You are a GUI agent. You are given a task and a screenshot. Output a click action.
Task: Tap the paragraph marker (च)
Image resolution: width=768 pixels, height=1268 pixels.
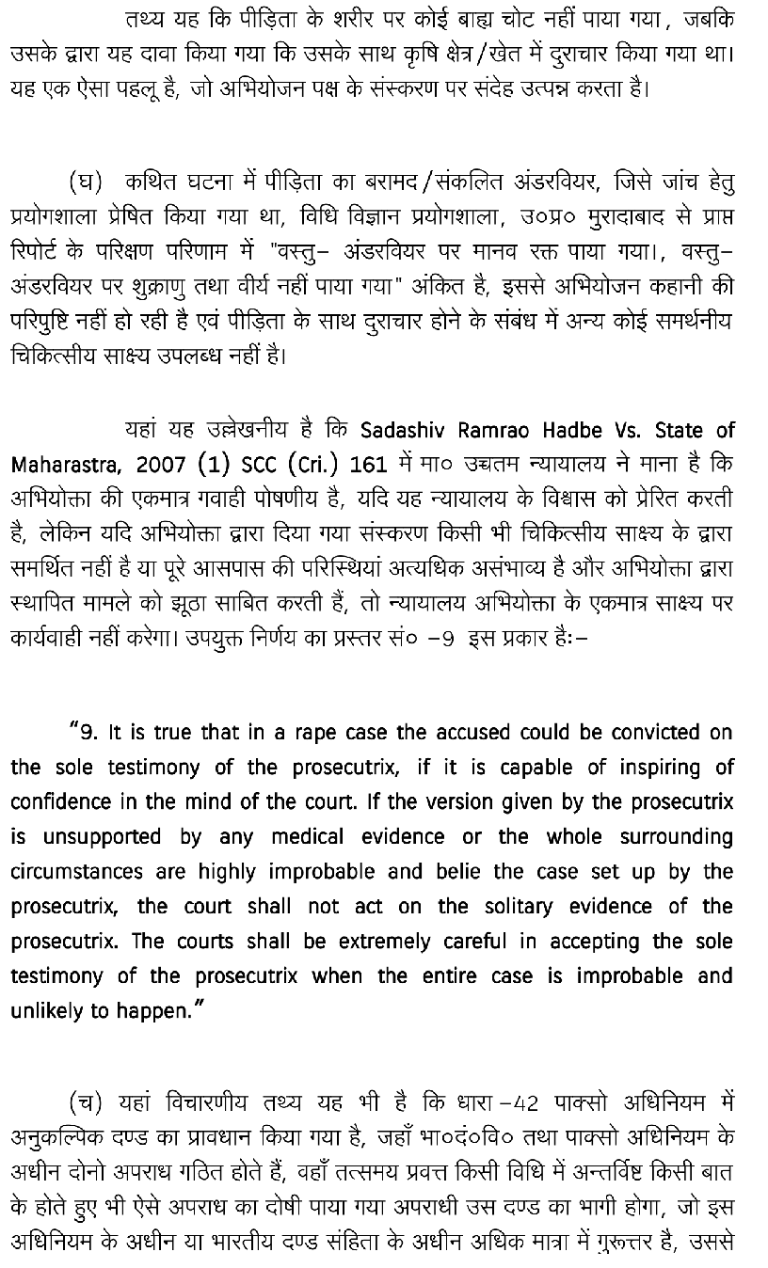[x=86, y=1102]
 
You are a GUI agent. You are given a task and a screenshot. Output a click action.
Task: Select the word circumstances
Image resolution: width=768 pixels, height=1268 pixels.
[x=72, y=872]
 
